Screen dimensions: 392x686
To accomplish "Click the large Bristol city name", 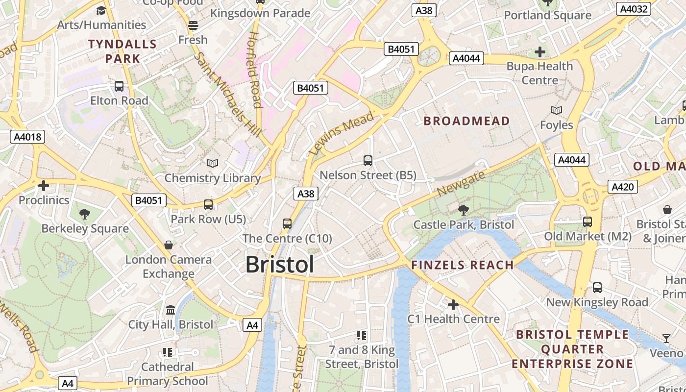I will tap(279, 265).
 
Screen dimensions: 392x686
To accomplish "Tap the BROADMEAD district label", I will tap(466, 121).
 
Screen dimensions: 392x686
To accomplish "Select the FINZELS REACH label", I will tap(462, 266).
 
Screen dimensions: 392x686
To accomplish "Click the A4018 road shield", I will tap(27, 137).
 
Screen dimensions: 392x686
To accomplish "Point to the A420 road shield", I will tap(623, 187).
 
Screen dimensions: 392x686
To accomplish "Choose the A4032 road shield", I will tap(634, 9).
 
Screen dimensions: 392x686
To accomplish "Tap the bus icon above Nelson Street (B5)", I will tap(368, 160).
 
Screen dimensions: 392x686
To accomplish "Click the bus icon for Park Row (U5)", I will tap(208, 204).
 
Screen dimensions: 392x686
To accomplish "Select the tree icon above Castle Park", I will tap(463, 210).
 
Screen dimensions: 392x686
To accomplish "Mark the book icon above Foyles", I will tap(556, 110).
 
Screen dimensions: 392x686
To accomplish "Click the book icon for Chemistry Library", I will tap(212, 163).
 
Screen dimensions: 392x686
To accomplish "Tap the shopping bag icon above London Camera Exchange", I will tap(169, 245).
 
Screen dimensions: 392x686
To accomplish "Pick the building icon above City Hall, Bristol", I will tap(171, 310).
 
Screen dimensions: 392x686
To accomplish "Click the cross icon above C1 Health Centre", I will tap(453, 305).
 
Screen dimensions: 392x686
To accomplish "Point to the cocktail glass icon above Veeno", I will tap(666, 338).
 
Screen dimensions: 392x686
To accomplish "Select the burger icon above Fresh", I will tap(193, 25).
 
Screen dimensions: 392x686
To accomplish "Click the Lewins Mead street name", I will tap(342, 133).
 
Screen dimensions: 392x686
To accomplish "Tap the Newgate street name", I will tap(461, 183).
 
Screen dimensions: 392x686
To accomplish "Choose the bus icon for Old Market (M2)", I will tap(588, 221).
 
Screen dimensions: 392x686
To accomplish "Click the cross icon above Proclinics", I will tap(44, 186).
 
